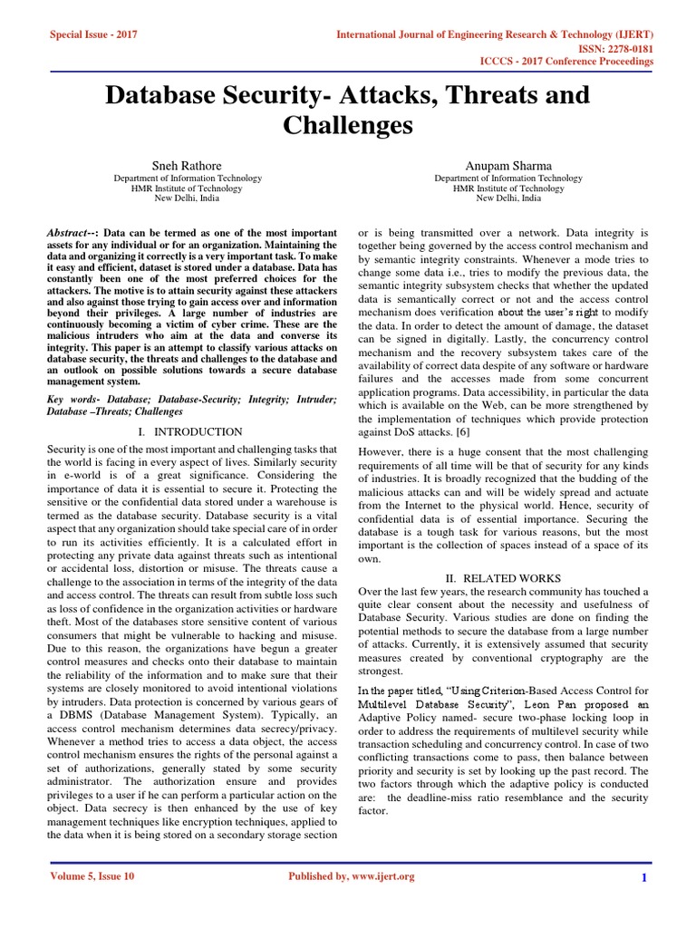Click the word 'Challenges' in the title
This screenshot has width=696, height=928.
(347, 125)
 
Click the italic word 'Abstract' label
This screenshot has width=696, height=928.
(69, 233)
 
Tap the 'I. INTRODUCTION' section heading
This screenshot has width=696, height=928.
(190, 432)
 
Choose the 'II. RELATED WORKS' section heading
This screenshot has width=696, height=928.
(503, 577)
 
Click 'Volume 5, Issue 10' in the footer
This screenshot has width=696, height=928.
(91, 876)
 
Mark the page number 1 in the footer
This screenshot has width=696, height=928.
(643, 877)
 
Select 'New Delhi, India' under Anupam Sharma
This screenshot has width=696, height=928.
(508, 198)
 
